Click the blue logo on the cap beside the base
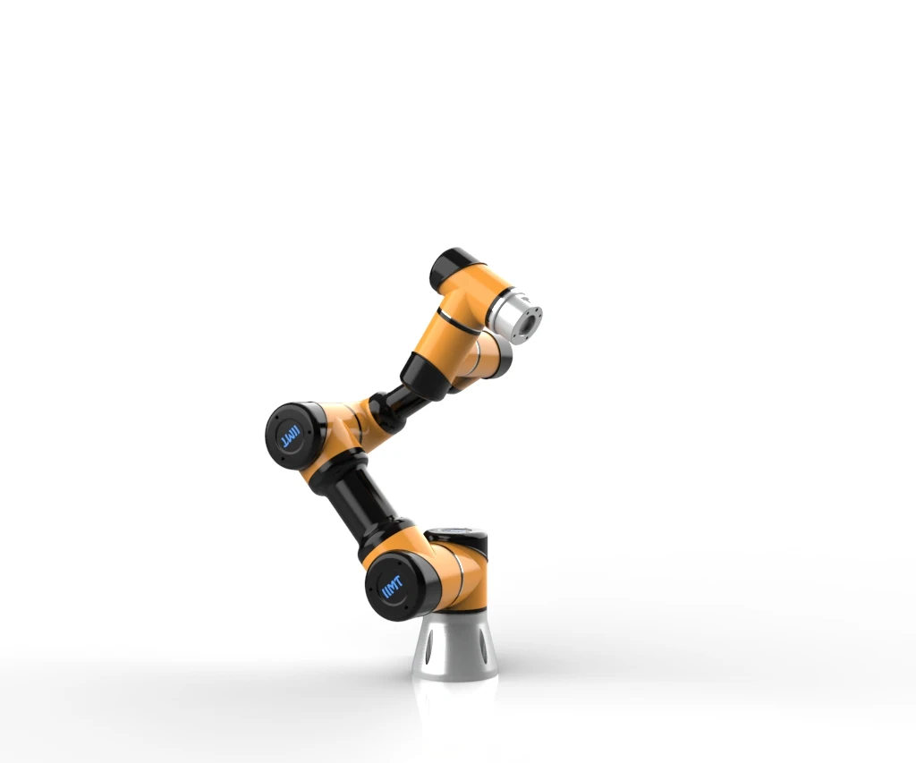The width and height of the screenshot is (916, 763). click(393, 589)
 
